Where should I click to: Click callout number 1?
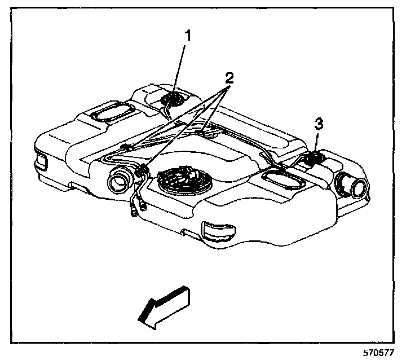pos(188,36)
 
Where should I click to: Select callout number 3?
pos(319,124)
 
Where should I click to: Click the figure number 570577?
pos(378,353)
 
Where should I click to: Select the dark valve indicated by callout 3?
pos(314,159)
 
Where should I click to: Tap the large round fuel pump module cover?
pos(184,179)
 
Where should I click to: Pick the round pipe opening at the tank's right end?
pos(354,186)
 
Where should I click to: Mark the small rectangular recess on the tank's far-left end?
pos(42,162)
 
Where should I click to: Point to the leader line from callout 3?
pos(316,142)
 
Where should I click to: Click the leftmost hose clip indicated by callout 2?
pos(125,147)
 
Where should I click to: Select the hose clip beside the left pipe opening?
pos(142,170)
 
